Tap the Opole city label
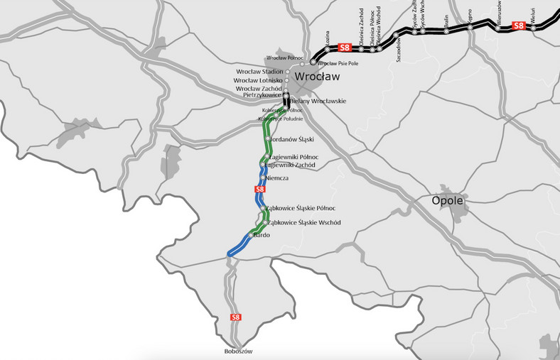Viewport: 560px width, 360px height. click(x=448, y=201)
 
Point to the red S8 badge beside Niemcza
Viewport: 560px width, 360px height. click(x=259, y=190)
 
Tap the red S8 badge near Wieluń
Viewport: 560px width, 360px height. click(x=518, y=26)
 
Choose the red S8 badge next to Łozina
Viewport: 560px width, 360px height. click(x=345, y=48)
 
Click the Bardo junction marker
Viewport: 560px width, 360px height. click(x=251, y=235)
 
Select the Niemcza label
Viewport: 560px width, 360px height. click(x=277, y=178)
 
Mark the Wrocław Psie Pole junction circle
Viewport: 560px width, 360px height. click(x=313, y=63)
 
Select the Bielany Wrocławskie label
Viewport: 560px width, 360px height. click(x=318, y=102)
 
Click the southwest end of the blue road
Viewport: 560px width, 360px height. click(x=229, y=253)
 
